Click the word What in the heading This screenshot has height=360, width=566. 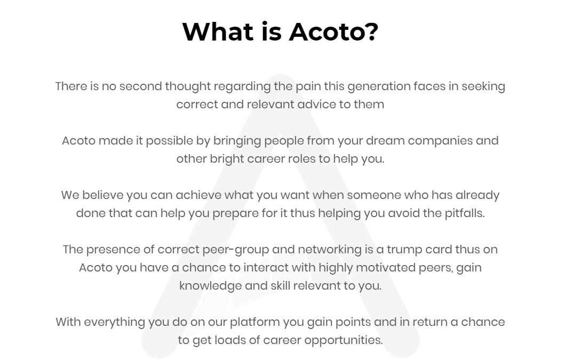215,31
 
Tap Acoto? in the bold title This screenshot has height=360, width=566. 333,31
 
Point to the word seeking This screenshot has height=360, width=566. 483,86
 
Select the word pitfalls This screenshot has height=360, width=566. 465,213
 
